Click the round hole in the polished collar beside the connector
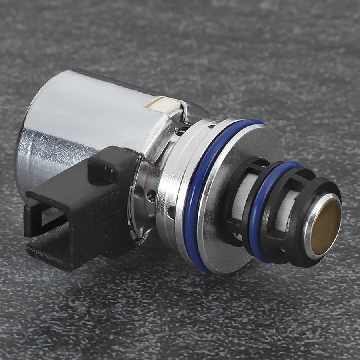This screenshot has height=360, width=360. coord(151,196)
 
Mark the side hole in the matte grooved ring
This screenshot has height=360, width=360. coord(171,212)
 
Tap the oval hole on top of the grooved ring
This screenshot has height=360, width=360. coord(211,126)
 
